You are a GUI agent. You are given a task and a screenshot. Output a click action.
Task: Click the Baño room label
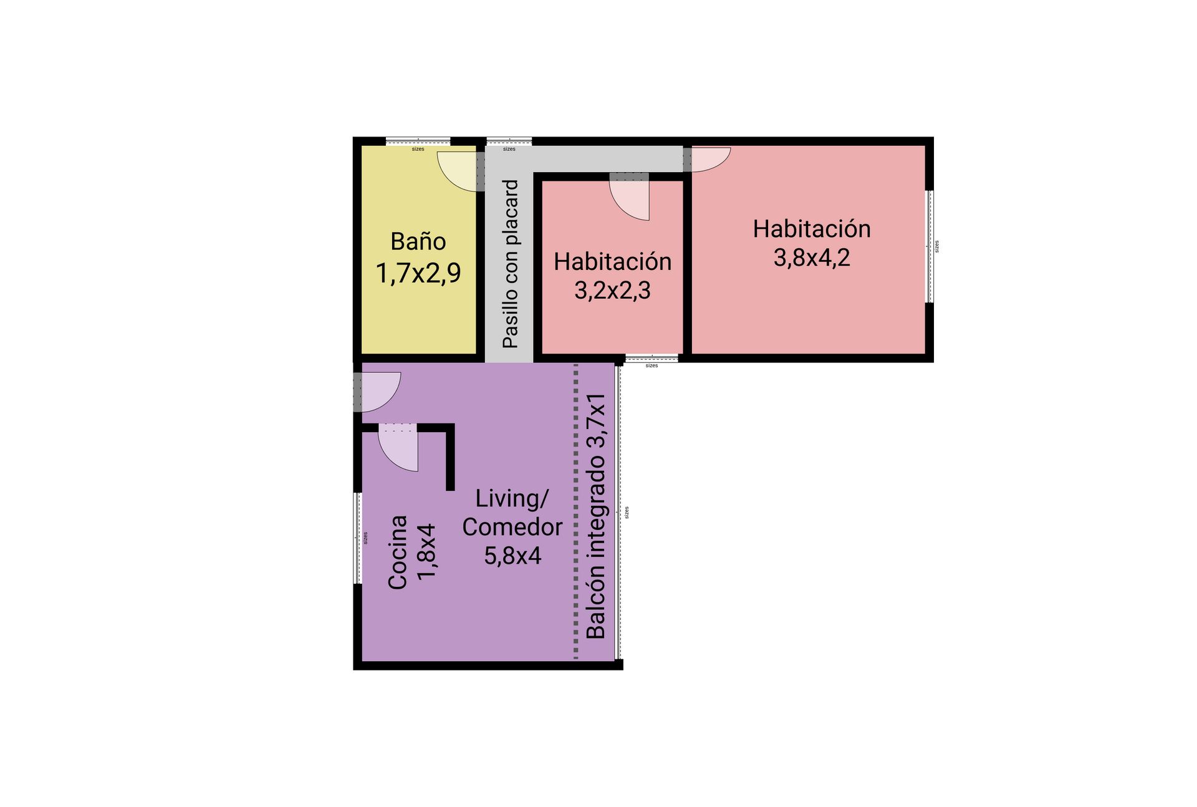418,241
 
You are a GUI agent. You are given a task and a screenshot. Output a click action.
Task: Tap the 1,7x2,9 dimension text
418,273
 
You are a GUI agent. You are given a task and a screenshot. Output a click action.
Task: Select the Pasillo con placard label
511,264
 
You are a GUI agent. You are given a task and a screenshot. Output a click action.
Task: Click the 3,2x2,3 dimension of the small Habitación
612,291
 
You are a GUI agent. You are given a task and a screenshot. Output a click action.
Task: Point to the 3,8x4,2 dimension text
812,258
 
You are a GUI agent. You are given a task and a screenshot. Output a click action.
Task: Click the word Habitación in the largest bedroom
812,229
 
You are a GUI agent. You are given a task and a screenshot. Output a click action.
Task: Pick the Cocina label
398,552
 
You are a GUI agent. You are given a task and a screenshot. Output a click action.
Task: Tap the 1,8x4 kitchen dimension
428,552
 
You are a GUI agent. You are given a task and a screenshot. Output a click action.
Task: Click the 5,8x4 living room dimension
512,556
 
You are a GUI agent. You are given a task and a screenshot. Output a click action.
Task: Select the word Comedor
512,527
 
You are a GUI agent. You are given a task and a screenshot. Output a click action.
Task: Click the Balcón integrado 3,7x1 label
597,516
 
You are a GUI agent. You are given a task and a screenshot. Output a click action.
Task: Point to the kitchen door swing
398,451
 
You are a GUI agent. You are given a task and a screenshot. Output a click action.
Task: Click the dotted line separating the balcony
575,511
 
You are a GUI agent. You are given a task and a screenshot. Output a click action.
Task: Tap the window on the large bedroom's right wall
929,246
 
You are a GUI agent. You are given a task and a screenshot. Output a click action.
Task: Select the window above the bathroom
418,141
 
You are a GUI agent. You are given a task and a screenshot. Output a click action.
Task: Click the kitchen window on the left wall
358,538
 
